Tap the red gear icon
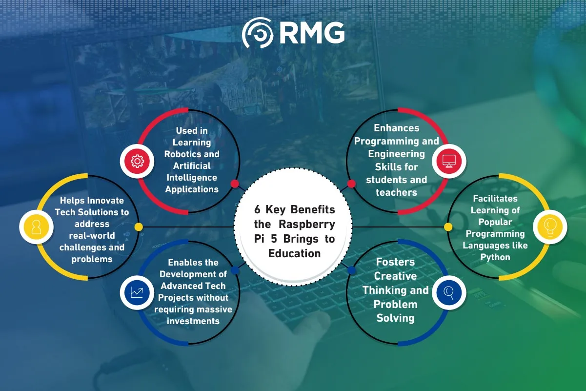pos(137,161)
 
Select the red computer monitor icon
pos(449,161)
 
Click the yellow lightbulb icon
pos(549,227)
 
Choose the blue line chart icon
pos(137,292)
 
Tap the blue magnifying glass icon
pos(449,292)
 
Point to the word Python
pos(495,257)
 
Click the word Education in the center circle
pos(294,253)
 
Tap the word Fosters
pos(395,262)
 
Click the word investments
pos(193,321)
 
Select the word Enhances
pos(397,128)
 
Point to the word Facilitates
pos(495,199)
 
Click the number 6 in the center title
pos(257,210)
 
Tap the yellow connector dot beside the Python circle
pos(448,227)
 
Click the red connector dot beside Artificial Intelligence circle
pos(235,184)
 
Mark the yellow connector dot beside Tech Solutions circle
pos(139,227)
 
